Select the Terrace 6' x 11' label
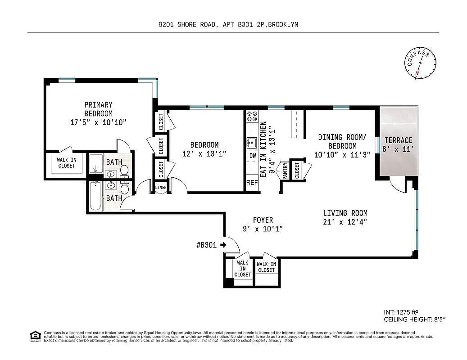[x=398, y=144]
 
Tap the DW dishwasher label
[x=252, y=156]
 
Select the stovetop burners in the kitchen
[x=252, y=117]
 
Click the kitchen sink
[x=252, y=142]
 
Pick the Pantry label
[x=285, y=171]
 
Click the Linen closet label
[x=161, y=188]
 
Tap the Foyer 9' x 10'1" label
[x=263, y=224]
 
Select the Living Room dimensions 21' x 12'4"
[x=345, y=221]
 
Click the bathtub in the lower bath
[x=95, y=196]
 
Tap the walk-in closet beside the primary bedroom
[x=66, y=163]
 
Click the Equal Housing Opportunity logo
[x=34, y=336]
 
